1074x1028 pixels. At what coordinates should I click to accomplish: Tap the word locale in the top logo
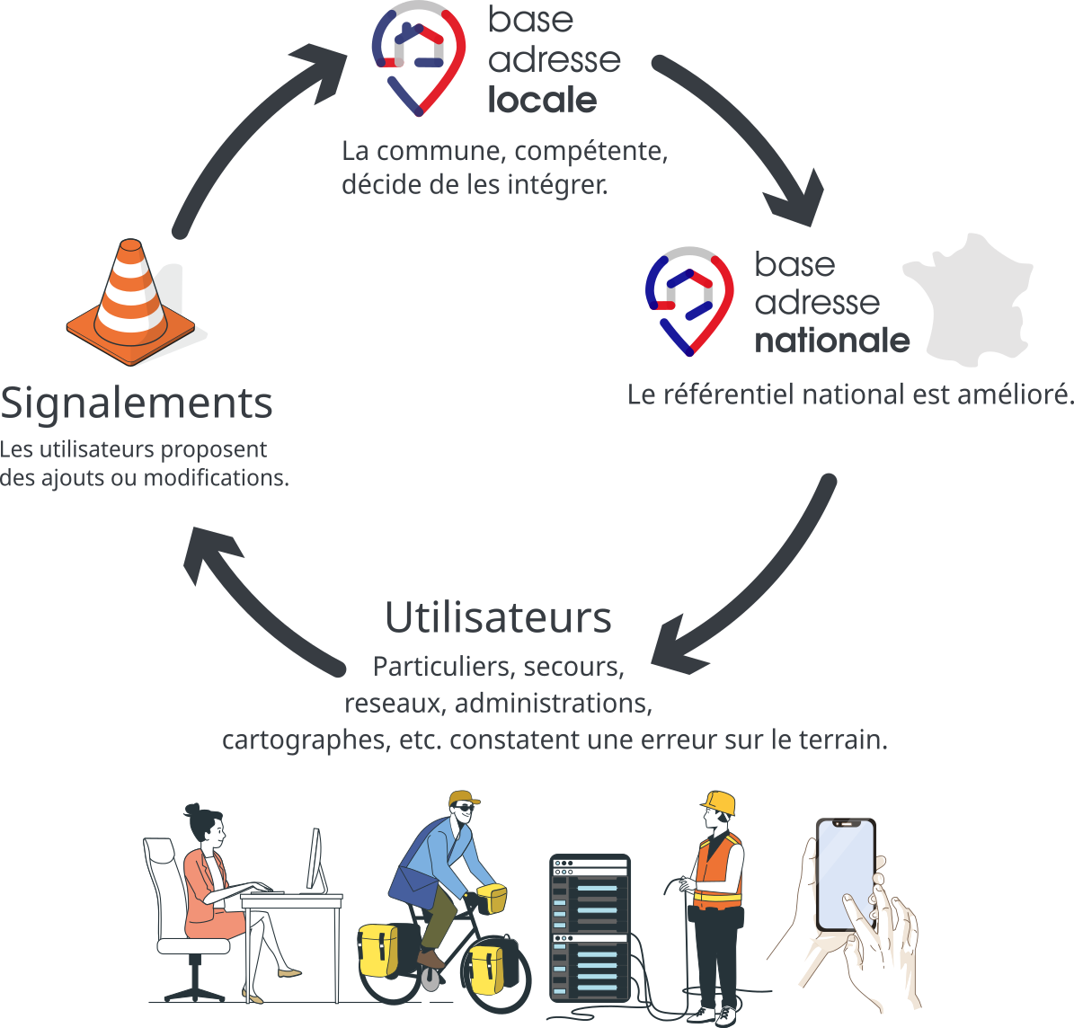coord(542,100)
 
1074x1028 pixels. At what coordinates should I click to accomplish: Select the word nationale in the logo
coord(831,341)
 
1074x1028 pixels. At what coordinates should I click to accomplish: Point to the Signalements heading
coord(137,403)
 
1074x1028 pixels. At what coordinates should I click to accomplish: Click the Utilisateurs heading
coord(498,617)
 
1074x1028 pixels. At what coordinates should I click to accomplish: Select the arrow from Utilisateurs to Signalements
coord(252,602)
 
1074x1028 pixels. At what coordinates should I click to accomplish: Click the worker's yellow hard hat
coord(720,802)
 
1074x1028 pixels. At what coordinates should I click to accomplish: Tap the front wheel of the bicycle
coord(496,975)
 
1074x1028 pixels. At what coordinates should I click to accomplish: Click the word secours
coord(573,667)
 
